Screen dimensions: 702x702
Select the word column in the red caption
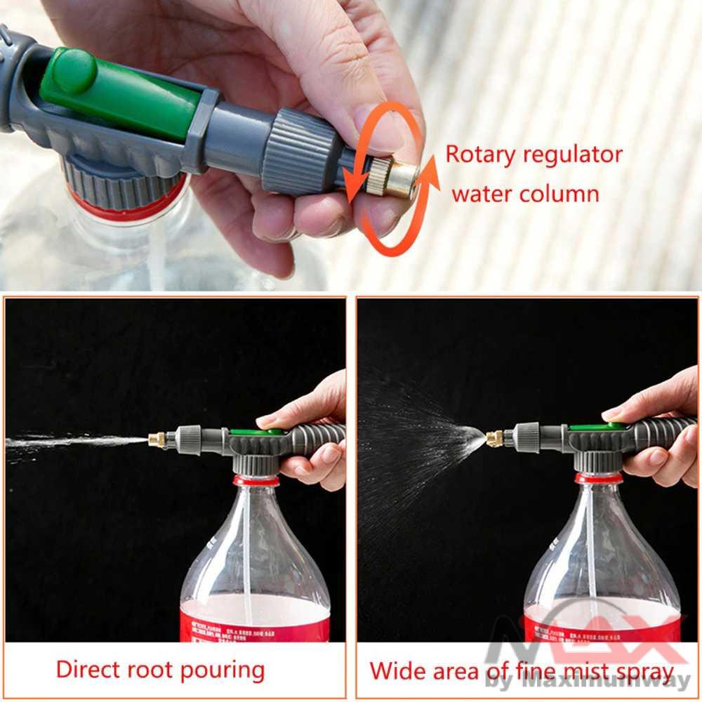tap(562, 193)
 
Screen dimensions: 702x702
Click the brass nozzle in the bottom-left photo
tap(157, 439)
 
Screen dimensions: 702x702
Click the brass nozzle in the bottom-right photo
tap(494, 439)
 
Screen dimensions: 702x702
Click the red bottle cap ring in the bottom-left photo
tap(256, 481)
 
